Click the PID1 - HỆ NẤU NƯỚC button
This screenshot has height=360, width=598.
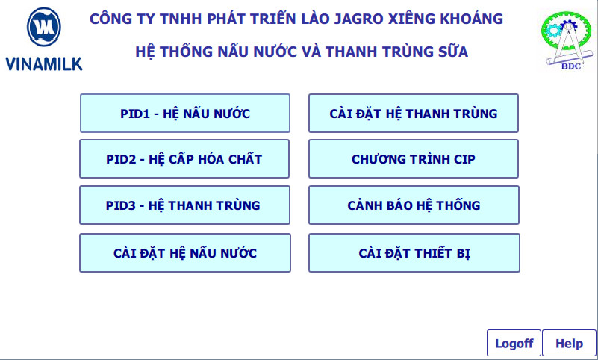pos(185,114)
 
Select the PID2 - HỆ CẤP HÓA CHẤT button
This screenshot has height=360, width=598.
pos(184,158)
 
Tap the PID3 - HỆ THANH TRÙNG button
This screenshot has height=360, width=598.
pos(184,205)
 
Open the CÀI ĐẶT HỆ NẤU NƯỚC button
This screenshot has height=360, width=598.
pos(185,253)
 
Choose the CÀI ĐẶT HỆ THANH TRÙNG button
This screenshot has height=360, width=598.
pos(414,114)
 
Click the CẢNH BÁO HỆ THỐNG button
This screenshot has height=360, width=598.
pos(414,205)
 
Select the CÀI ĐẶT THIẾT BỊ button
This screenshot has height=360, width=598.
pos(414,253)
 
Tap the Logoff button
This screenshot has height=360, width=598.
pos(514,344)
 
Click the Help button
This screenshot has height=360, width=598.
pos(569,344)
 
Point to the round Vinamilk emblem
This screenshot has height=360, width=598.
pos(44,27)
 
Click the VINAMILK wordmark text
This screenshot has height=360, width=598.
pos(44,63)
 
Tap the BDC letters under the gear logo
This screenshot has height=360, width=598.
pos(571,66)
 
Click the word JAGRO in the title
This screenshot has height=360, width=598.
pos(359,19)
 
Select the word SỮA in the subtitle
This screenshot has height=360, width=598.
pos(453,51)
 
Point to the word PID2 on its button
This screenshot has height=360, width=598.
pos(121,159)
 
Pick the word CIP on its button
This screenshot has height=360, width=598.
pos(464,159)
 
